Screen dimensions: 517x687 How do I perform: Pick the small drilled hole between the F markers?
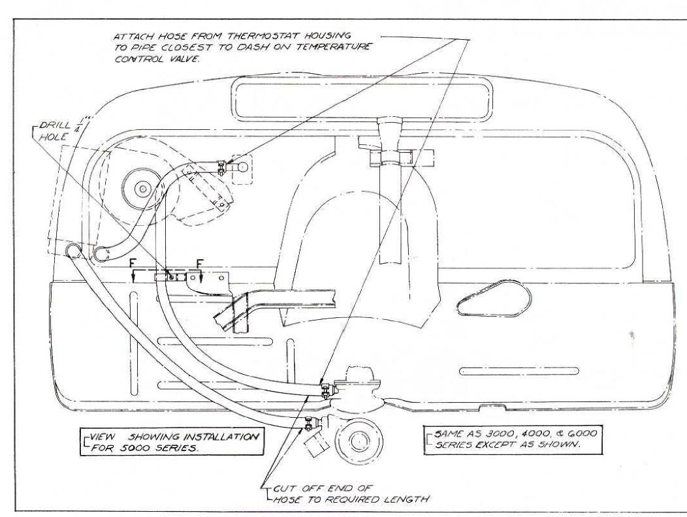tap(172, 277)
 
